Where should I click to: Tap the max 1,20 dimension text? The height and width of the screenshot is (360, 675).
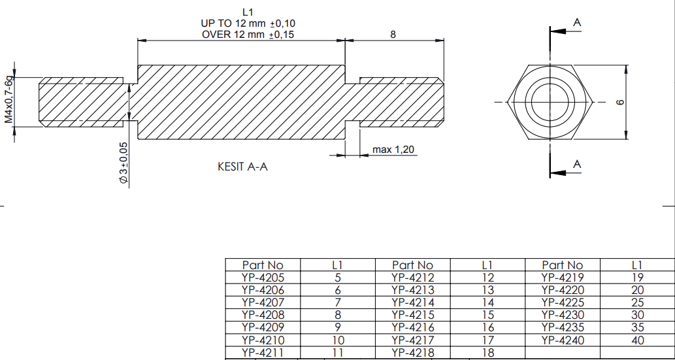coord(393,150)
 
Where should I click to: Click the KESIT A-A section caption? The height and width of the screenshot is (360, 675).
coord(242,167)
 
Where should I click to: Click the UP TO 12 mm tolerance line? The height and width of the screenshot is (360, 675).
coord(248,24)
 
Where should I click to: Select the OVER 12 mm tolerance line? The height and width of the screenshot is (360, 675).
coord(248,35)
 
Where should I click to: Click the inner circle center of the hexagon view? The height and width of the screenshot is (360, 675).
coord(550,102)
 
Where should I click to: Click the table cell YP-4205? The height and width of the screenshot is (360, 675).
coord(263,277)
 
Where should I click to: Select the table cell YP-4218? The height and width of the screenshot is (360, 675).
coord(412,353)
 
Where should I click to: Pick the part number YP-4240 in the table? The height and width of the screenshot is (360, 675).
coord(563,340)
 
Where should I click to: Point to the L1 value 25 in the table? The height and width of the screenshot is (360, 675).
coord(638,303)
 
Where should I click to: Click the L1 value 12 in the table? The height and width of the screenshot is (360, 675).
coord(487,277)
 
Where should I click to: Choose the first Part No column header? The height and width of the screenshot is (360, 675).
coord(263,265)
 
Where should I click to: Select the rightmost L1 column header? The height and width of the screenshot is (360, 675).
coord(638,265)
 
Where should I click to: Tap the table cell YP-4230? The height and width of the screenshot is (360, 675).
coord(563,315)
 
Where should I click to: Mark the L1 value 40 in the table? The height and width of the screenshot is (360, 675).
coord(638,340)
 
